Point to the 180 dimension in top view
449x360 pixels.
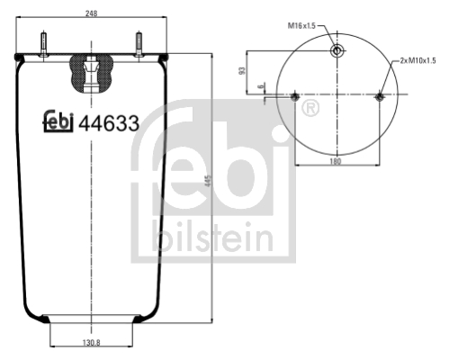(x=334, y=162)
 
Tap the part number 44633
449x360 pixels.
(x=109, y=125)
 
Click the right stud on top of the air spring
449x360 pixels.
(x=139, y=45)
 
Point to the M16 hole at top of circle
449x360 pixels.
(x=336, y=50)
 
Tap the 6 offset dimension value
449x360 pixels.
(x=260, y=86)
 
